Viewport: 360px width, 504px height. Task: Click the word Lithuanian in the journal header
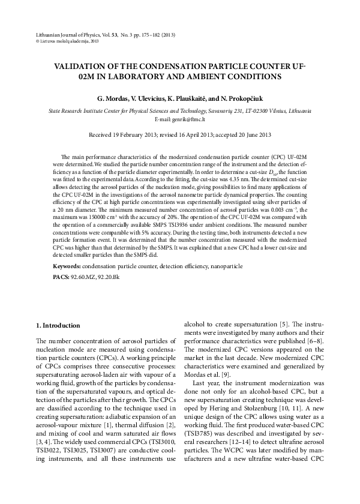pyautogui.click(x=49, y=36)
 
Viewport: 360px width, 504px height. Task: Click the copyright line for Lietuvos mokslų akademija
pyautogui.click(x=67, y=42)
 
